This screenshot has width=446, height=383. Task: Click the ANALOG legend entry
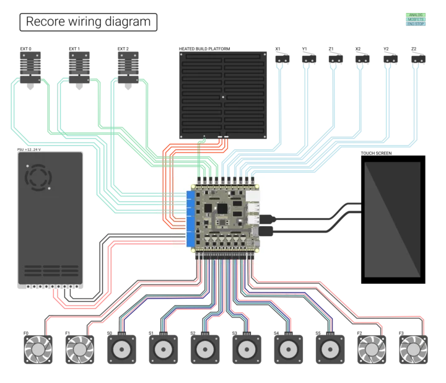tap(414, 14)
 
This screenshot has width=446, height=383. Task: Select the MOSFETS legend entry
tap(414, 19)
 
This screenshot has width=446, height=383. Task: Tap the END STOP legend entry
tap(414, 24)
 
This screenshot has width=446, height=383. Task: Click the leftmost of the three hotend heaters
tap(32, 64)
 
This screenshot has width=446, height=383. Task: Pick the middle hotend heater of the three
tap(79, 64)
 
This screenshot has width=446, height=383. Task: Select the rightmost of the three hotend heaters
tap(126, 64)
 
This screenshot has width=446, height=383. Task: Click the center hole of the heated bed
tap(222, 97)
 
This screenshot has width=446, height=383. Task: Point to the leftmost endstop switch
tap(282, 59)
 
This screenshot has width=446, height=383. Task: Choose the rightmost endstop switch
tap(416, 59)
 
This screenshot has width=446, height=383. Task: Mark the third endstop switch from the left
tap(337, 59)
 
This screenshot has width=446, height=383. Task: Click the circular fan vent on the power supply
tap(38, 177)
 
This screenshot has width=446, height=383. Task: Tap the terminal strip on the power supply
tap(50, 287)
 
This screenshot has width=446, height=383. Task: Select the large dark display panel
tap(392, 219)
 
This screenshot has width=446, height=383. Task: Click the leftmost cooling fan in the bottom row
tap(37, 350)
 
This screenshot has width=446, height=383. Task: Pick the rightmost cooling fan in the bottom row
tap(413, 350)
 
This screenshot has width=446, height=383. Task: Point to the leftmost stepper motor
tap(121, 350)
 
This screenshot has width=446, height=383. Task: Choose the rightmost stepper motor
tap(329, 350)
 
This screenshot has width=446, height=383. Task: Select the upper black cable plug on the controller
tap(267, 218)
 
